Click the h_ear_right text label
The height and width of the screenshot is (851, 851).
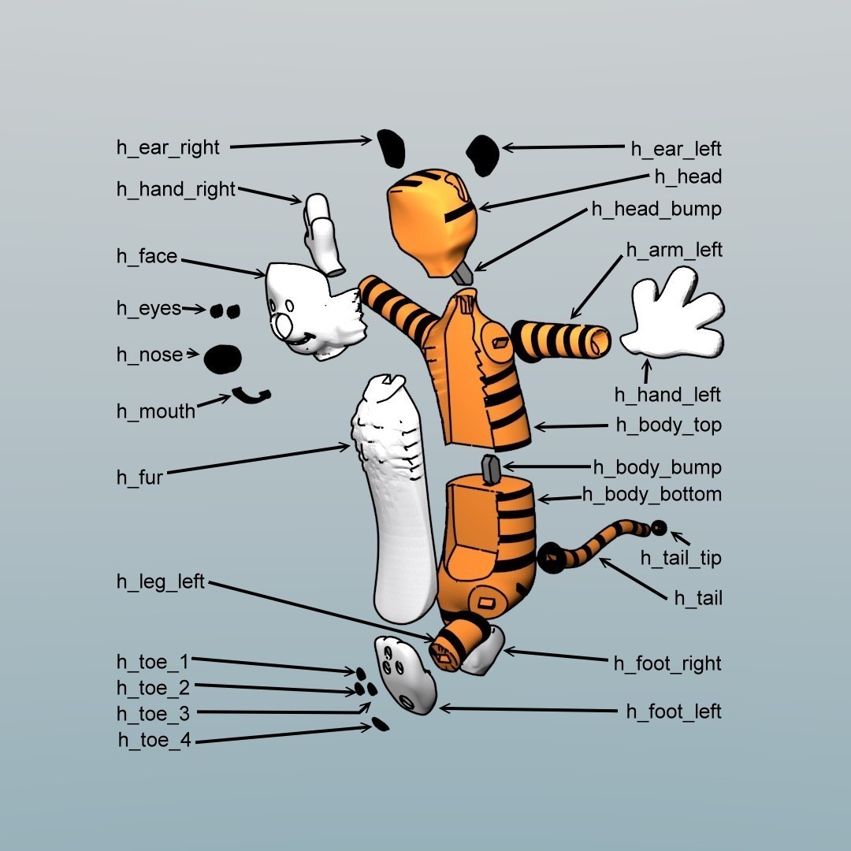pos(168,148)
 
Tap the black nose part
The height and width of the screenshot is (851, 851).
pos(222,359)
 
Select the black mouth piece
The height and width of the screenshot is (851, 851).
pos(251,396)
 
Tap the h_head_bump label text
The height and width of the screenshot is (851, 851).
pos(656,210)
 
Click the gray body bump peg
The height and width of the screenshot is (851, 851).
pos(492,470)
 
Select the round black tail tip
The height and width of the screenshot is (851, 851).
pos(658,528)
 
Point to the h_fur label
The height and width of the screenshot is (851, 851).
pos(139,478)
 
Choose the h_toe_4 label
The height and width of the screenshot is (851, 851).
pos(154,740)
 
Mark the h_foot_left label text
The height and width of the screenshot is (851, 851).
pos(674,712)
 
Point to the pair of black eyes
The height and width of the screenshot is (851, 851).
pos(225,311)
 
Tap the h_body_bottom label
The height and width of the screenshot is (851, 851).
pos(652,495)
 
